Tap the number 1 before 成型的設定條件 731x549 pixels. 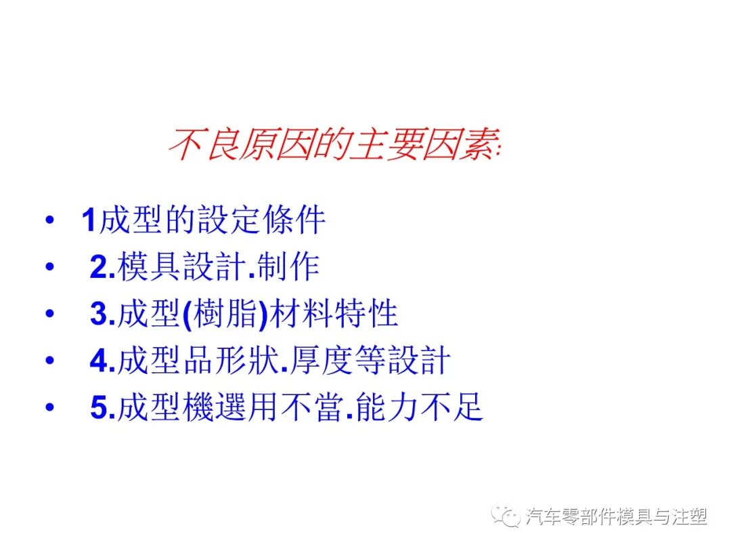(89, 221)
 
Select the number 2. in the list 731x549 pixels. (102, 268)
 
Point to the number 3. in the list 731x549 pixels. (102, 314)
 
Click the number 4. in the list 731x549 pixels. (102, 362)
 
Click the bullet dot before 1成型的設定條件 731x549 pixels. (48, 222)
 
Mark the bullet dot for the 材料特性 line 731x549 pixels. (48, 315)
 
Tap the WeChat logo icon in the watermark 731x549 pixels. (506, 516)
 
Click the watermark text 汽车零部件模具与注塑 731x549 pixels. (616, 517)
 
